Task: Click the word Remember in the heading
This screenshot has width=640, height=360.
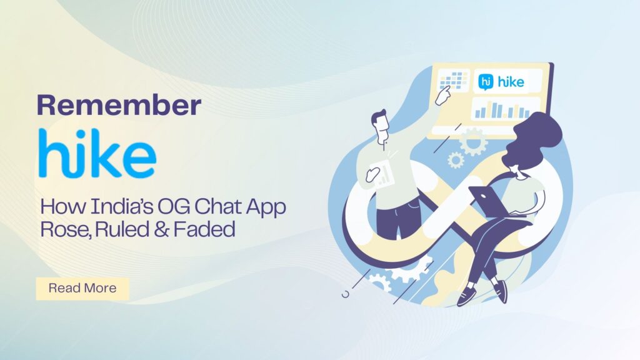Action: click(119, 105)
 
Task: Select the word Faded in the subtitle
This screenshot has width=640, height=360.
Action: click(204, 229)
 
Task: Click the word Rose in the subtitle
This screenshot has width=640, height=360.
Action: click(61, 229)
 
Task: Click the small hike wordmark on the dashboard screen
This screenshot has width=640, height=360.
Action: click(511, 81)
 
